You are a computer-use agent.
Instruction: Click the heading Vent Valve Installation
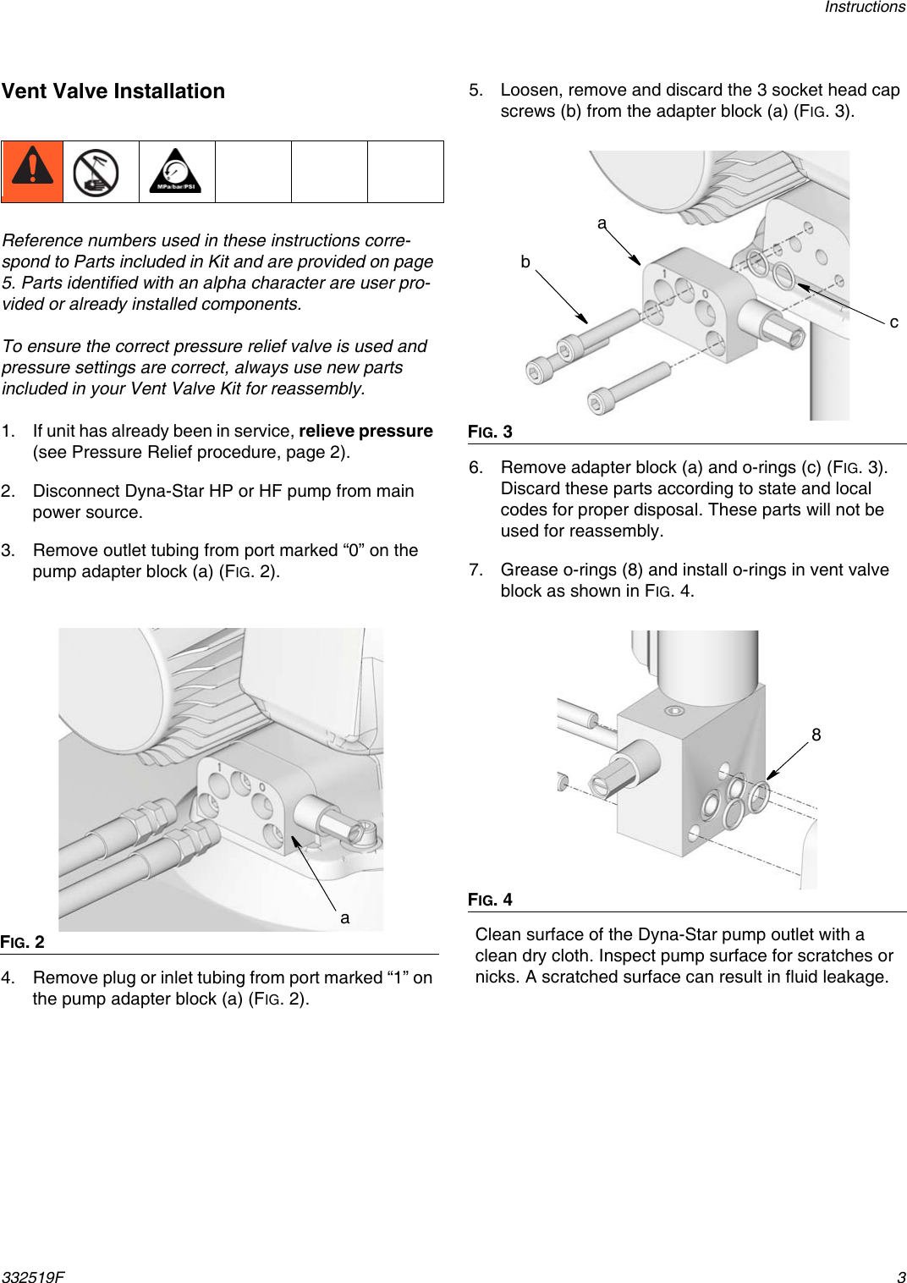click(113, 91)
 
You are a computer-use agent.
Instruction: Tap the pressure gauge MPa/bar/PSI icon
click(176, 172)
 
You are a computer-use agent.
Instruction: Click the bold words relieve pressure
click(366, 431)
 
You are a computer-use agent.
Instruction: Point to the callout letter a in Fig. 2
click(344, 917)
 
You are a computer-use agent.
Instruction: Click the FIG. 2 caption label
click(23, 942)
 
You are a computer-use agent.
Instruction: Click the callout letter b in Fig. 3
click(525, 262)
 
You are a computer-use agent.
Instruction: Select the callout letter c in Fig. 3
click(893, 322)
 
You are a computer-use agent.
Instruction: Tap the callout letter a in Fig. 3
click(602, 223)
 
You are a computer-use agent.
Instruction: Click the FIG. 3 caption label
click(491, 432)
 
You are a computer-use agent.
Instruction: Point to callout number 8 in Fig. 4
click(816, 735)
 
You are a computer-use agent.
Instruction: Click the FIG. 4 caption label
click(491, 900)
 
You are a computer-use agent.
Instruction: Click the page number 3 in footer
click(900, 1277)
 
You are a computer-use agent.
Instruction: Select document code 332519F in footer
click(33, 1277)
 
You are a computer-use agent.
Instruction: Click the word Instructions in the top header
click(864, 8)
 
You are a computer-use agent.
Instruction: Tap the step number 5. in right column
click(476, 90)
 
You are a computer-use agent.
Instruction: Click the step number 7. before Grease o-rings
click(476, 570)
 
